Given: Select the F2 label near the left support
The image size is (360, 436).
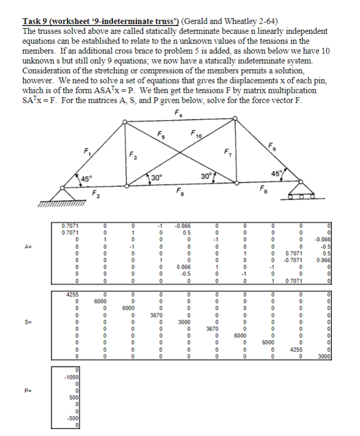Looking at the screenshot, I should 96,194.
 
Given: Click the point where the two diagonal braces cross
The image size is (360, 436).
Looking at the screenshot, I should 180,152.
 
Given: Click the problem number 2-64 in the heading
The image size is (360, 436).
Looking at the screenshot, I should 265,21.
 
